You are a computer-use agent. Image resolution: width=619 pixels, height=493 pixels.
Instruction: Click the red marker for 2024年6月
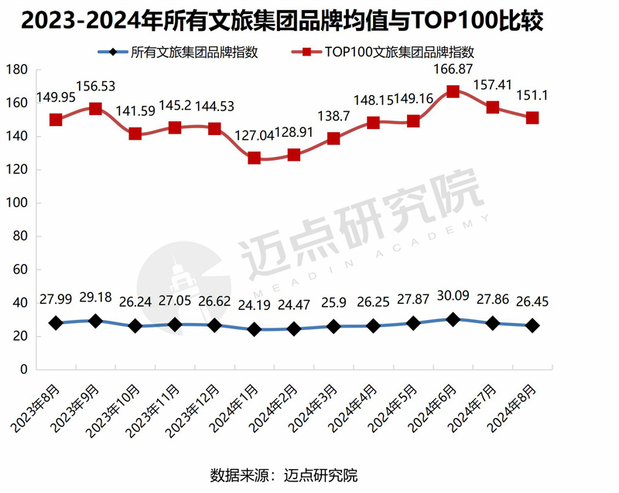[453, 91]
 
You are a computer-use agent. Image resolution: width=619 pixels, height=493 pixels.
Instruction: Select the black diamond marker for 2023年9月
[95, 321]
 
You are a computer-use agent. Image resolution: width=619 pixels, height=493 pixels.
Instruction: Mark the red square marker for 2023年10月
[135, 134]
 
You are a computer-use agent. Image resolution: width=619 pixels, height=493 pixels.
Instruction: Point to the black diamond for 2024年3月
[333, 327]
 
